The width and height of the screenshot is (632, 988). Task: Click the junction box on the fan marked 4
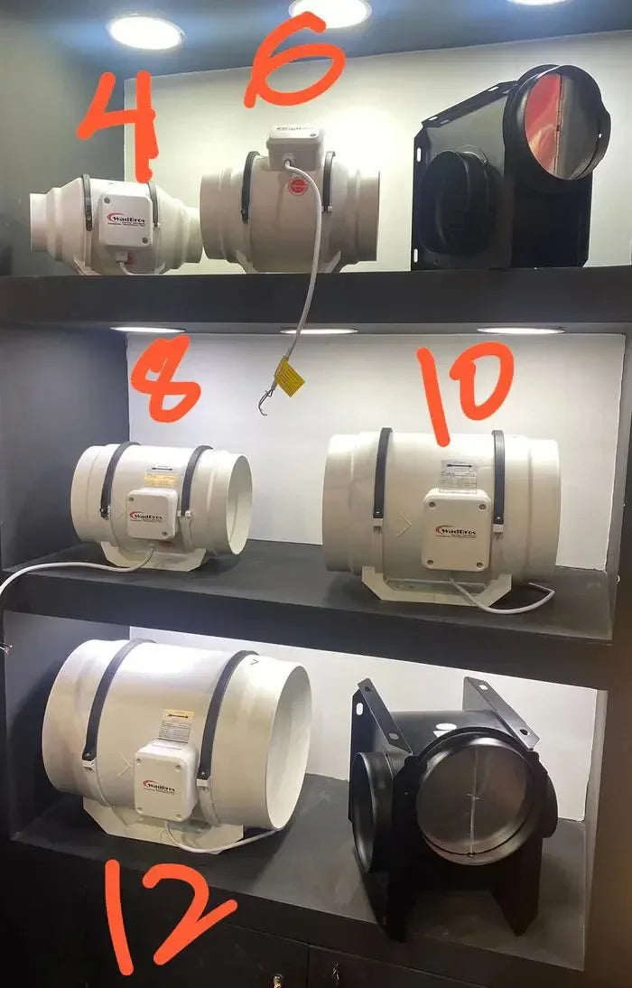[125, 220]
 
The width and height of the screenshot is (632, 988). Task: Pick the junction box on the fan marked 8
[151, 513]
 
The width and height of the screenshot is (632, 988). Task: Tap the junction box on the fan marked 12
[165, 780]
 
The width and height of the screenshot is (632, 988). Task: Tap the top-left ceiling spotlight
[145, 31]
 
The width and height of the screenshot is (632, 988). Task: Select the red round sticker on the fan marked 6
[298, 187]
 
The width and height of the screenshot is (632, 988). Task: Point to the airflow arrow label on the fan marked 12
[176, 724]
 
